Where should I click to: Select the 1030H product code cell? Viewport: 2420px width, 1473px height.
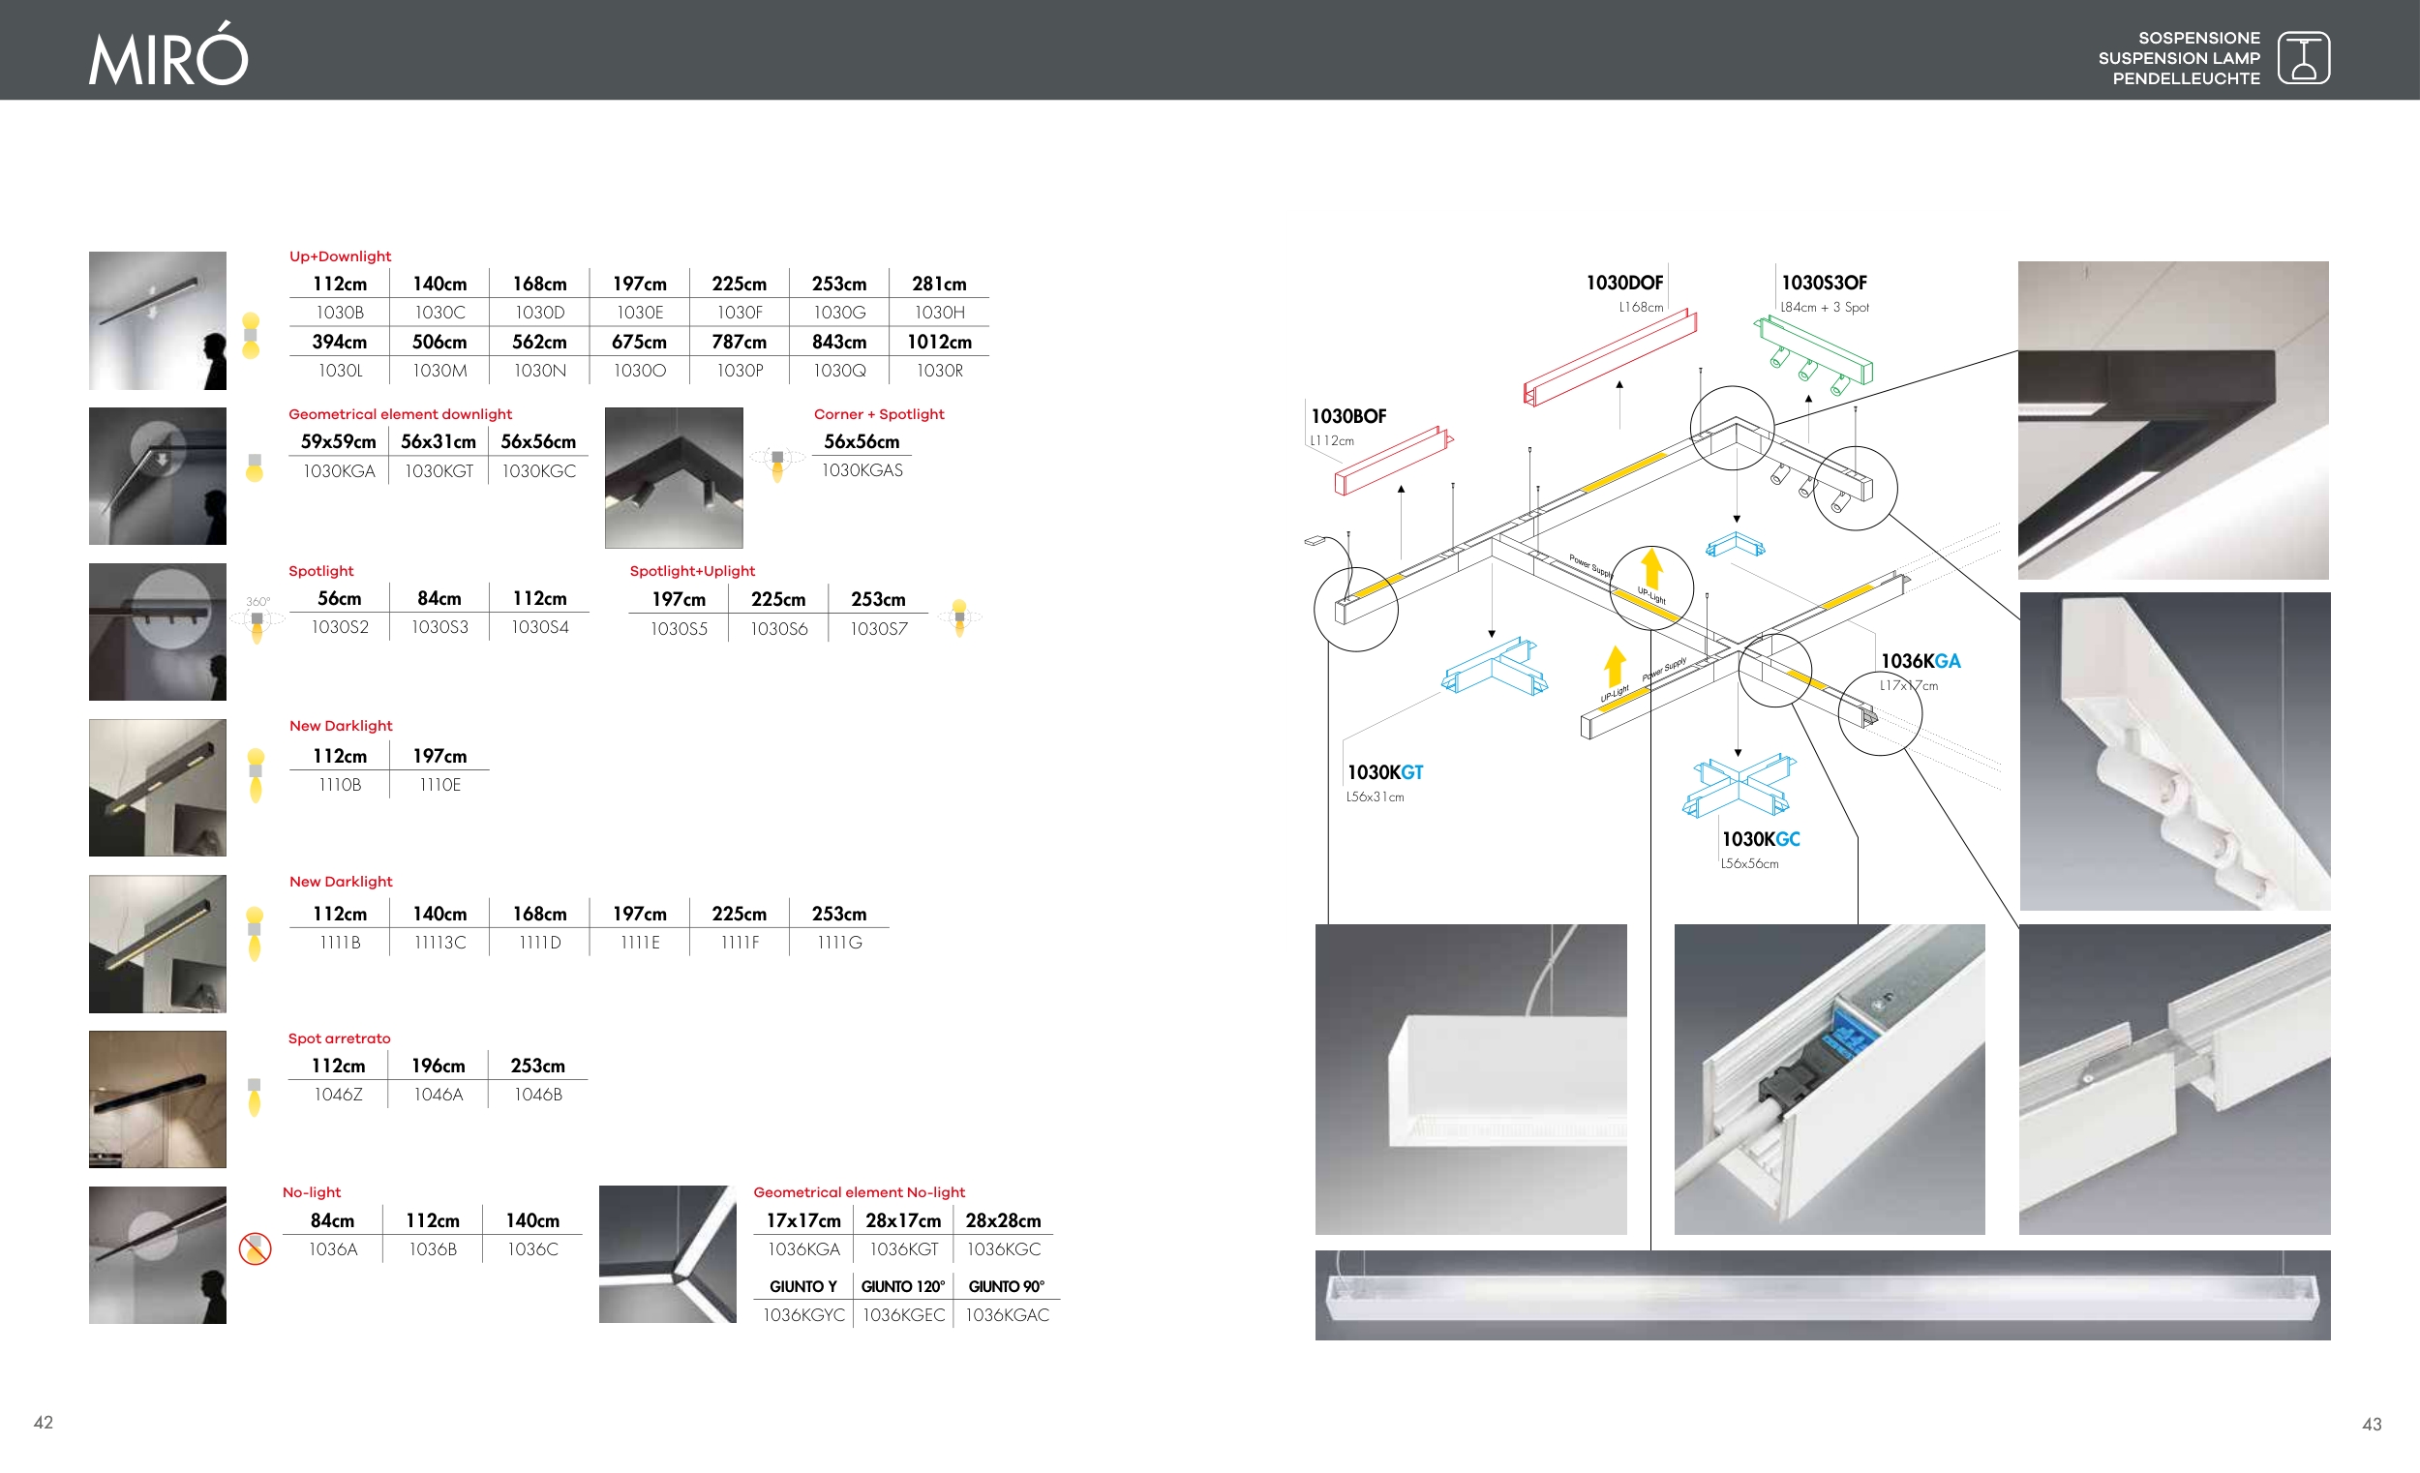click(939, 313)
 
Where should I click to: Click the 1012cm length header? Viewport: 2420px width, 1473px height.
click(939, 342)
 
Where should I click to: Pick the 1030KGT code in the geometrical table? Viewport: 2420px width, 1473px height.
click(439, 471)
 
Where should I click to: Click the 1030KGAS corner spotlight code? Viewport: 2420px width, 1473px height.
click(862, 470)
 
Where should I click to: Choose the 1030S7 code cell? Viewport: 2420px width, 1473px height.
click(878, 628)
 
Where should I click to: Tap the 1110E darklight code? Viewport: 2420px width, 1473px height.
click(439, 785)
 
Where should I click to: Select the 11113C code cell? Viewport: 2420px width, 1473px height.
click(439, 943)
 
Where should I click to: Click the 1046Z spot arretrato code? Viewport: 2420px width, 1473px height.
click(338, 1095)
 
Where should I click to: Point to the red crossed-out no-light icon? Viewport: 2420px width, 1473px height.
click(255, 1248)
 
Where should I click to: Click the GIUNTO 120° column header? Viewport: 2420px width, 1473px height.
click(902, 1286)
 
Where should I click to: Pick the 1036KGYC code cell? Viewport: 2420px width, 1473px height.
click(803, 1315)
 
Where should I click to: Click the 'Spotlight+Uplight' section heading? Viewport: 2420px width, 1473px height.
click(692, 571)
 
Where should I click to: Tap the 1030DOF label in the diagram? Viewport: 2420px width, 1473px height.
click(1623, 283)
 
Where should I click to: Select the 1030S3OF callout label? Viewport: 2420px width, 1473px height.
click(1824, 283)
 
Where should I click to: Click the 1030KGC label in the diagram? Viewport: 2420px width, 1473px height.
click(1760, 840)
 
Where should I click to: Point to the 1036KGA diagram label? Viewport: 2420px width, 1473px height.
click(1921, 662)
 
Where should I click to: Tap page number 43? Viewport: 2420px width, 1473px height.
click(2371, 1424)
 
